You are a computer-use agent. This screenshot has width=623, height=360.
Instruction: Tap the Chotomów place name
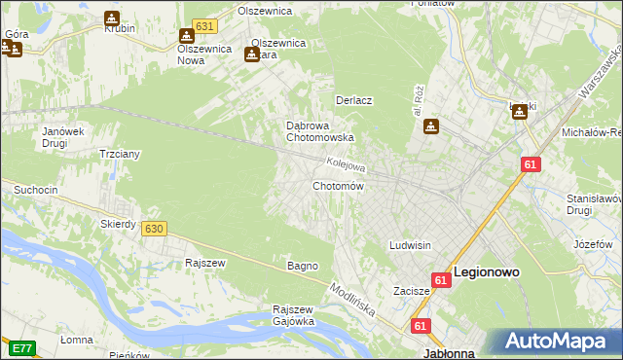[x=338, y=186]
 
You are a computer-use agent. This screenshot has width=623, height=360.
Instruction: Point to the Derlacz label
[x=355, y=100]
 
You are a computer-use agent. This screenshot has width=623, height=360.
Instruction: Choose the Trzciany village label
[x=121, y=154]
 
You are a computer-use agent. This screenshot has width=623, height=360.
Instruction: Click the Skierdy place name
[x=118, y=224]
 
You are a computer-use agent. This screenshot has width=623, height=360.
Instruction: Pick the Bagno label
[x=302, y=266]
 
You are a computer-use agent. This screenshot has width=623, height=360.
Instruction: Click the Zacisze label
[x=412, y=291]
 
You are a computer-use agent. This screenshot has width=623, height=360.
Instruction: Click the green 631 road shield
[x=203, y=26]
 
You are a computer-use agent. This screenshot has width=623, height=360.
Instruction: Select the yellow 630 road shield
[x=153, y=228]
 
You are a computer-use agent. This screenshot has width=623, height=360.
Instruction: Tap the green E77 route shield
[x=21, y=347]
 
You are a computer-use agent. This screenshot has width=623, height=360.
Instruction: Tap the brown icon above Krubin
[x=112, y=18]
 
